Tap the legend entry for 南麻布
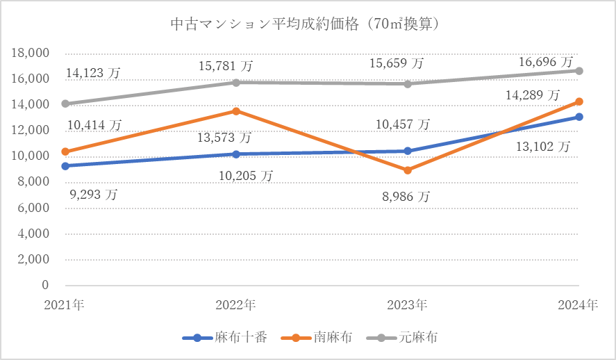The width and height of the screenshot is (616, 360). (x=322, y=338)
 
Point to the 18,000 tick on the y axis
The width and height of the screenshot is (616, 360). (x=31, y=54)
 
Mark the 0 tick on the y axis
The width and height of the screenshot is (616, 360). (x=45, y=285)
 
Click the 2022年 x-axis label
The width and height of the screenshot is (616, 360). (x=235, y=304)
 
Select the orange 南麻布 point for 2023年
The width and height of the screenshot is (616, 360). (x=408, y=170)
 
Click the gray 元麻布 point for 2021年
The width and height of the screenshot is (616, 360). (x=65, y=104)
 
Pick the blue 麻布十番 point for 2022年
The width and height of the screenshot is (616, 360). (x=236, y=154)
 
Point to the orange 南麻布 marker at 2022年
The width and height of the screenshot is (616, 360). (x=236, y=111)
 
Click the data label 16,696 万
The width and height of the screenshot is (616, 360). (x=547, y=63)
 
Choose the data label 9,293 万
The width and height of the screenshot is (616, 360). (x=93, y=195)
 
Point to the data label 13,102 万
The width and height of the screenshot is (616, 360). (x=543, y=146)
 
